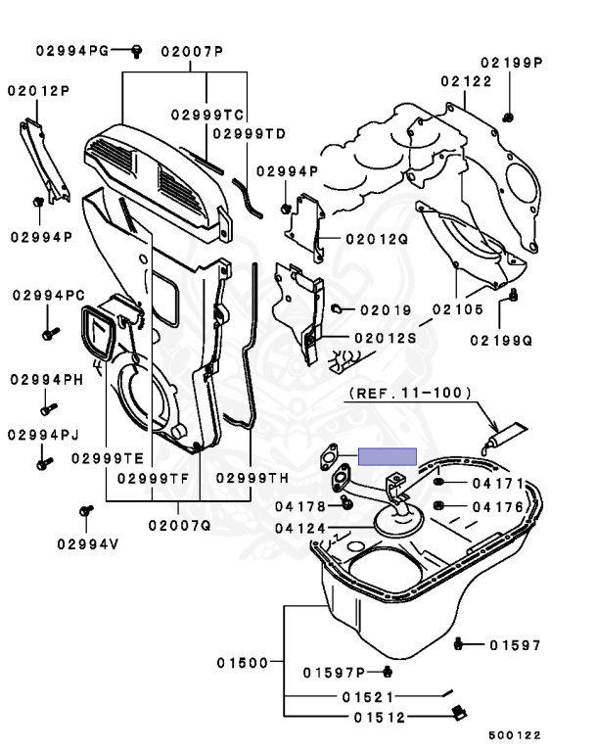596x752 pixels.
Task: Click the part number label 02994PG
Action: point(72,49)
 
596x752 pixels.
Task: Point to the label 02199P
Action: point(511,62)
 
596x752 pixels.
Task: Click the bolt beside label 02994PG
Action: point(137,48)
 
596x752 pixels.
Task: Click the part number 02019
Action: point(385,309)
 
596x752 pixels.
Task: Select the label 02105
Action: point(456,310)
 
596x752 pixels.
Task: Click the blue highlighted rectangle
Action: point(388,456)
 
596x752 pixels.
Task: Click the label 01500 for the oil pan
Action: point(243,663)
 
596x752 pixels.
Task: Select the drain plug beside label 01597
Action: point(462,644)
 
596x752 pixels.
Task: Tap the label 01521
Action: point(367,698)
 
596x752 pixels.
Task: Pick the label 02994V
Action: point(86,543)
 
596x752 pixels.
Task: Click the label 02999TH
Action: point(252,478)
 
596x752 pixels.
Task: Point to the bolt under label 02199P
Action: point(510,117)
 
